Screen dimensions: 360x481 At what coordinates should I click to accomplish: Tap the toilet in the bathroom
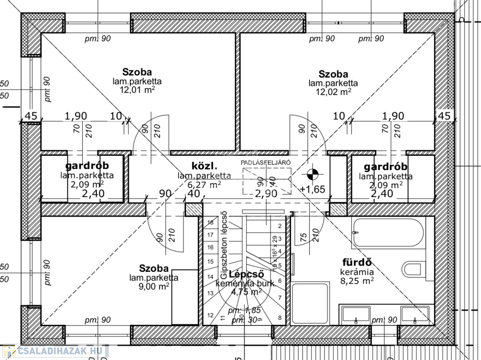tap(413, 271)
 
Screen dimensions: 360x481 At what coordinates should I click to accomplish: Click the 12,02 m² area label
tap(334, 92)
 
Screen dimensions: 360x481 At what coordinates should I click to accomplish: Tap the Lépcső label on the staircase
tap(246, 275)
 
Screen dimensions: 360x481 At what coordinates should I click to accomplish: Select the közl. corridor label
tap(204, 166)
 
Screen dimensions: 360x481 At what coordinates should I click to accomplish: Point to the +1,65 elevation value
tap(312, 190)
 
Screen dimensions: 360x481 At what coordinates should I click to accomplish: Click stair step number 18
tap(210, 222)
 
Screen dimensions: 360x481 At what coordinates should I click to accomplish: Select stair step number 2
tap(279, 226)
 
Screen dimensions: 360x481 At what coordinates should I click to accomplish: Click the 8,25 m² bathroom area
tap(357, 281)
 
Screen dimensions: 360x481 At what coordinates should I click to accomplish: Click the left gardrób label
tap(87, 166)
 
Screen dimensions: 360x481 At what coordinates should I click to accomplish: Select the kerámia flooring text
tap(357, 272)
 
